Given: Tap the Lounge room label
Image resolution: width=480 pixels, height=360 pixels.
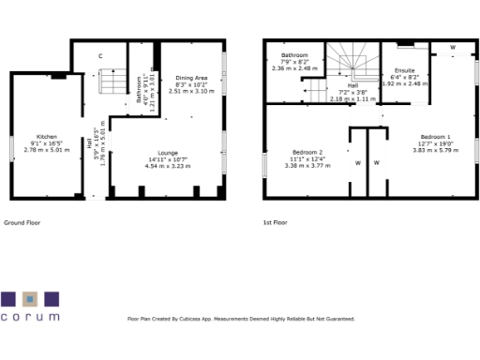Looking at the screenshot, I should tap(168, 152).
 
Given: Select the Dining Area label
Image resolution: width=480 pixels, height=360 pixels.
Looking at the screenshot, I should tap(191, 78).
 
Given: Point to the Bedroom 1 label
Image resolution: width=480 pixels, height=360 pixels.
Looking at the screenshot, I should tap(434, 136).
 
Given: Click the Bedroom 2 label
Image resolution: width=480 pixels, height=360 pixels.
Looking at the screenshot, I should tap(307, 152).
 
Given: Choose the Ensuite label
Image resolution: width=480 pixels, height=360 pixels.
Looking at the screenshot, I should tap(405, 70).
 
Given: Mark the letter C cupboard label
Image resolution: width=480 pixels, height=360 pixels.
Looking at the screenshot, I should tap(100, 56).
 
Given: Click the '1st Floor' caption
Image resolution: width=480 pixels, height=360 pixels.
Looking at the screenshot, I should tap(276, 223).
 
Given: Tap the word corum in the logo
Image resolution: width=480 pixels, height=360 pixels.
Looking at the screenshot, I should tap(30, 318).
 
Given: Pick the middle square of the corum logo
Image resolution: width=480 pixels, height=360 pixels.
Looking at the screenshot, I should tap(30, 299).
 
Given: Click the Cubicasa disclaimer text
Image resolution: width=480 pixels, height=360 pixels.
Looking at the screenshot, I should tap(241, 319).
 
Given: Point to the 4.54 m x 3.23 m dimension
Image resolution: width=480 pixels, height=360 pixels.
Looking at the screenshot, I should tap(168, 166).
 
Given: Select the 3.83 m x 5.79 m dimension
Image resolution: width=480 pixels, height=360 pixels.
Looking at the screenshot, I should tap(434, 150).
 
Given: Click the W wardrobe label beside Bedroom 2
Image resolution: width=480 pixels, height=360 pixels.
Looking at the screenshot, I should tap(357, 162).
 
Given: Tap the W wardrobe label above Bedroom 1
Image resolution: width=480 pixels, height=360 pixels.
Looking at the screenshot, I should tap(452, 46).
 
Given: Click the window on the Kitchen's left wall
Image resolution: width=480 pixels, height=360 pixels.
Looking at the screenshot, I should tap(11, 147).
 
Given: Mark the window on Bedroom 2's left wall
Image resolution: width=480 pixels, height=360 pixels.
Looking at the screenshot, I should tap(264, 162).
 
